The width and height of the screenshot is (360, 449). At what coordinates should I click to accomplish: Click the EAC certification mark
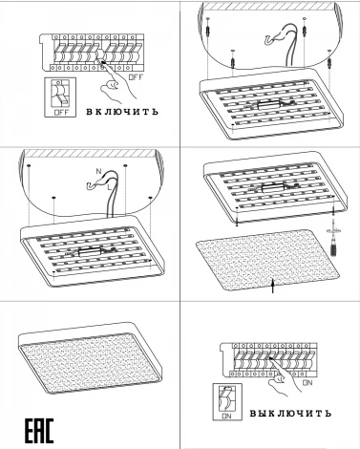pyautogui.click(x=39, y=431)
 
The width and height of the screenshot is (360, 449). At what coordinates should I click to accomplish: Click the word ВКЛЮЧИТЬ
pyautogui.click(x=122, y=112)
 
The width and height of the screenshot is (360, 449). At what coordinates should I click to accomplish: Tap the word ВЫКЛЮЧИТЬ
pyautogui.click(x=290, y=414)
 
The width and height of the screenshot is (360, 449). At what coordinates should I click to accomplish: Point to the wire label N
pyautogui.click(x=98, y=171)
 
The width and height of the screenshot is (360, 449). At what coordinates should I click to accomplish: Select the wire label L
pyautogui.click(x=110, y=187)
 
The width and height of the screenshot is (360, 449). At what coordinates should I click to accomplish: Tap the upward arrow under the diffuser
pyautogui.click(x=272, y=285)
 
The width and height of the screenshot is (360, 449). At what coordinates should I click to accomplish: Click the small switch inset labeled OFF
pyautogui.click(x=60, y=96)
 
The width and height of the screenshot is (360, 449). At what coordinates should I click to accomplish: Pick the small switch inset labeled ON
pyautogui.click(x=227, y=402)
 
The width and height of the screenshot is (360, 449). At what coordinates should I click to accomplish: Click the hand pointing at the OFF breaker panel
pyautogui.click(x=116, y=83)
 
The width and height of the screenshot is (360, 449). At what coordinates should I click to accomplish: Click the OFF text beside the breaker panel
pyautogui.click(x=136, y=77)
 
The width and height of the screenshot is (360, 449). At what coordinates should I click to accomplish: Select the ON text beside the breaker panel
pyautogui.click(x=307, y=382)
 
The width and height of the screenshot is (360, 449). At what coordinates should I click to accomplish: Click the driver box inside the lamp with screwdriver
pyautogui.click(x=272, y=188)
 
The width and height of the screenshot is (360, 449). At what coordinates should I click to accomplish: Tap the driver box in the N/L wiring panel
pyautogui.click(x=89, y=252)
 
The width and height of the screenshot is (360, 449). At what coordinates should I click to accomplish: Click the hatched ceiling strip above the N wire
pyautogui.click(x=91, y=154)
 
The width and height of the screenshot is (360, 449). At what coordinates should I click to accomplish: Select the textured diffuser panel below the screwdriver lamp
pyautogui.click(x=267, y=260)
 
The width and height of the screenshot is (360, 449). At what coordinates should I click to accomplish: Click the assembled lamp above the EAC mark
pyautogui.click(x=90, y=357)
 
